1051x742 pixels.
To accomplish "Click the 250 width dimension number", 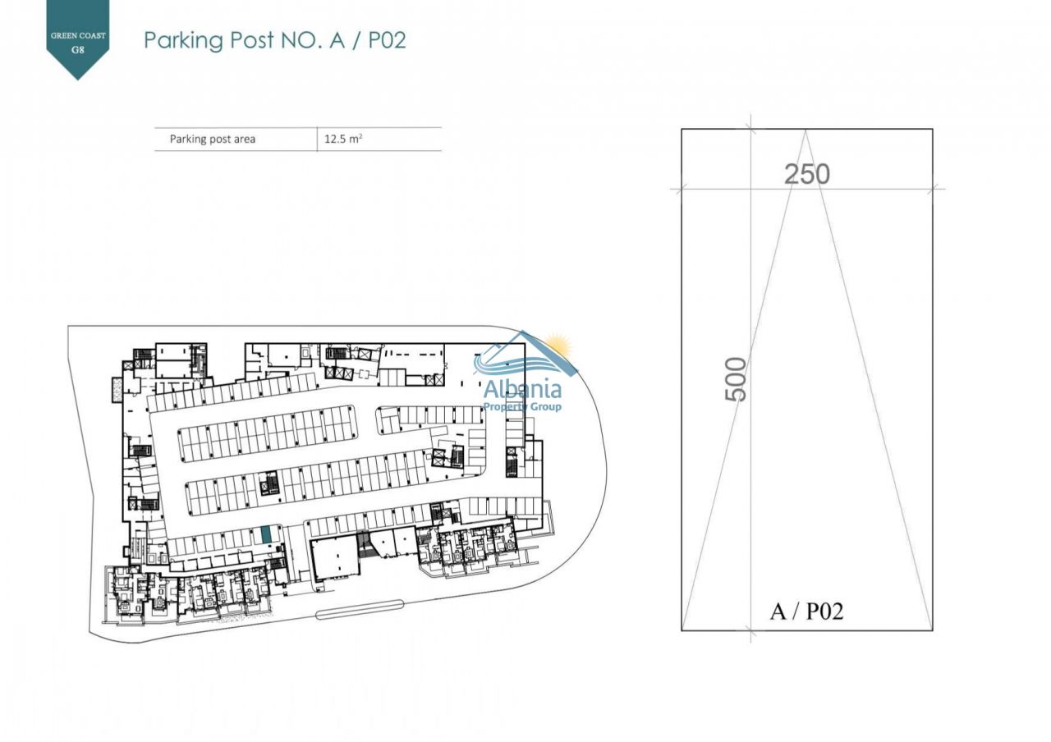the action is [807, 174].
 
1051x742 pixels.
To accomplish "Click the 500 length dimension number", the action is [736, 379].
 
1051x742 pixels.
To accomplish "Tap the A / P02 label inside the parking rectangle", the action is [806, 611].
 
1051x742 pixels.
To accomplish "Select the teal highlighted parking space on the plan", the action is [266, 535].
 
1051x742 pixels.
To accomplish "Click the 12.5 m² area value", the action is [343, 139].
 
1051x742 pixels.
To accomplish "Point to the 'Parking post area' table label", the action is [213, 139].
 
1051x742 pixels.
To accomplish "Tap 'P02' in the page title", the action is [387, 40].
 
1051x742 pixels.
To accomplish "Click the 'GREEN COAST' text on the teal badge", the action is [78, 36].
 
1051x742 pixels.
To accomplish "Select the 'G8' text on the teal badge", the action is [78, 49].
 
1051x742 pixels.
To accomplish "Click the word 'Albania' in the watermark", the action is [522, 389].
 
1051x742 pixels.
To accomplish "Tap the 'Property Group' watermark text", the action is [522, 406].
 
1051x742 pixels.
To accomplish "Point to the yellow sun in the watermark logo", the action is [558, 346].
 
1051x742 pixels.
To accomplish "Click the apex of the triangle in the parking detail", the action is [805, 131].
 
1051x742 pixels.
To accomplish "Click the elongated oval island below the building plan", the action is [360, 609].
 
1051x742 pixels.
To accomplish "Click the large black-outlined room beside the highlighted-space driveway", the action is [336, 560].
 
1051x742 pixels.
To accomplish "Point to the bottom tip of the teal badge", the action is [78, 80].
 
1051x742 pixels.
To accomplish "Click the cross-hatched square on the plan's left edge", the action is [117, 390].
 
